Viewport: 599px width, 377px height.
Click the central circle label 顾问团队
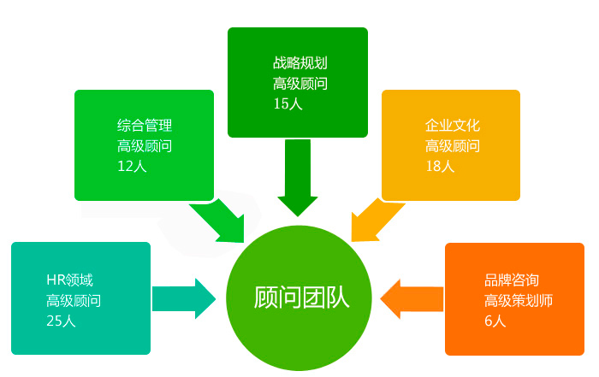click(x=301, y=297)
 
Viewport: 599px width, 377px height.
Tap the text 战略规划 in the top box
click(x=300, y=63)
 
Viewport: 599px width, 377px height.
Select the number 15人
click(x=288, y=103)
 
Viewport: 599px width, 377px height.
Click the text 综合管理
click(x=145, y=126)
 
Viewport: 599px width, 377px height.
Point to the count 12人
click(x=132, y=166)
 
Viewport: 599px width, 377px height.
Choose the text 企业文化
click(x=453, y=126)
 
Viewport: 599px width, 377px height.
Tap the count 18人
click(x=440, y=166)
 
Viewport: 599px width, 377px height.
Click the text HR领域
click(x=69, y=280)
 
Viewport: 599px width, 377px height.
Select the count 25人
click(x=62, y=321)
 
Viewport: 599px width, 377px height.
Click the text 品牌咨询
click(x=512, y=280)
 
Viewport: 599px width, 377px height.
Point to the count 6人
click(x=495, y=321)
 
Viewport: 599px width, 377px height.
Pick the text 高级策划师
click(x=519, y=300)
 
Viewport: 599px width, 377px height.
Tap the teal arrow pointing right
click(x=183, y=298)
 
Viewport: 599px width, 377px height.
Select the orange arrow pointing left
click(x=412, y=298)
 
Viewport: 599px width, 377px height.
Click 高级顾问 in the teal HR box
click(x=74, y=300)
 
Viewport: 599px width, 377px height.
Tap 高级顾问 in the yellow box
click(x=453, y=145)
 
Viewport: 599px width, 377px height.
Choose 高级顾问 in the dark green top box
click(x=300, y=84)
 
